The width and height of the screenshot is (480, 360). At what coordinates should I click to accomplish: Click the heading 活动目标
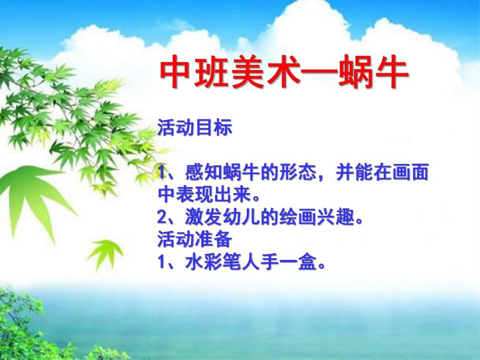[194, 129]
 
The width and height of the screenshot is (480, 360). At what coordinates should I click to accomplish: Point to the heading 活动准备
[194, 240]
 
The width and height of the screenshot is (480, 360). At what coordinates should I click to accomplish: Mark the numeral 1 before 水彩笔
[161, 262]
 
